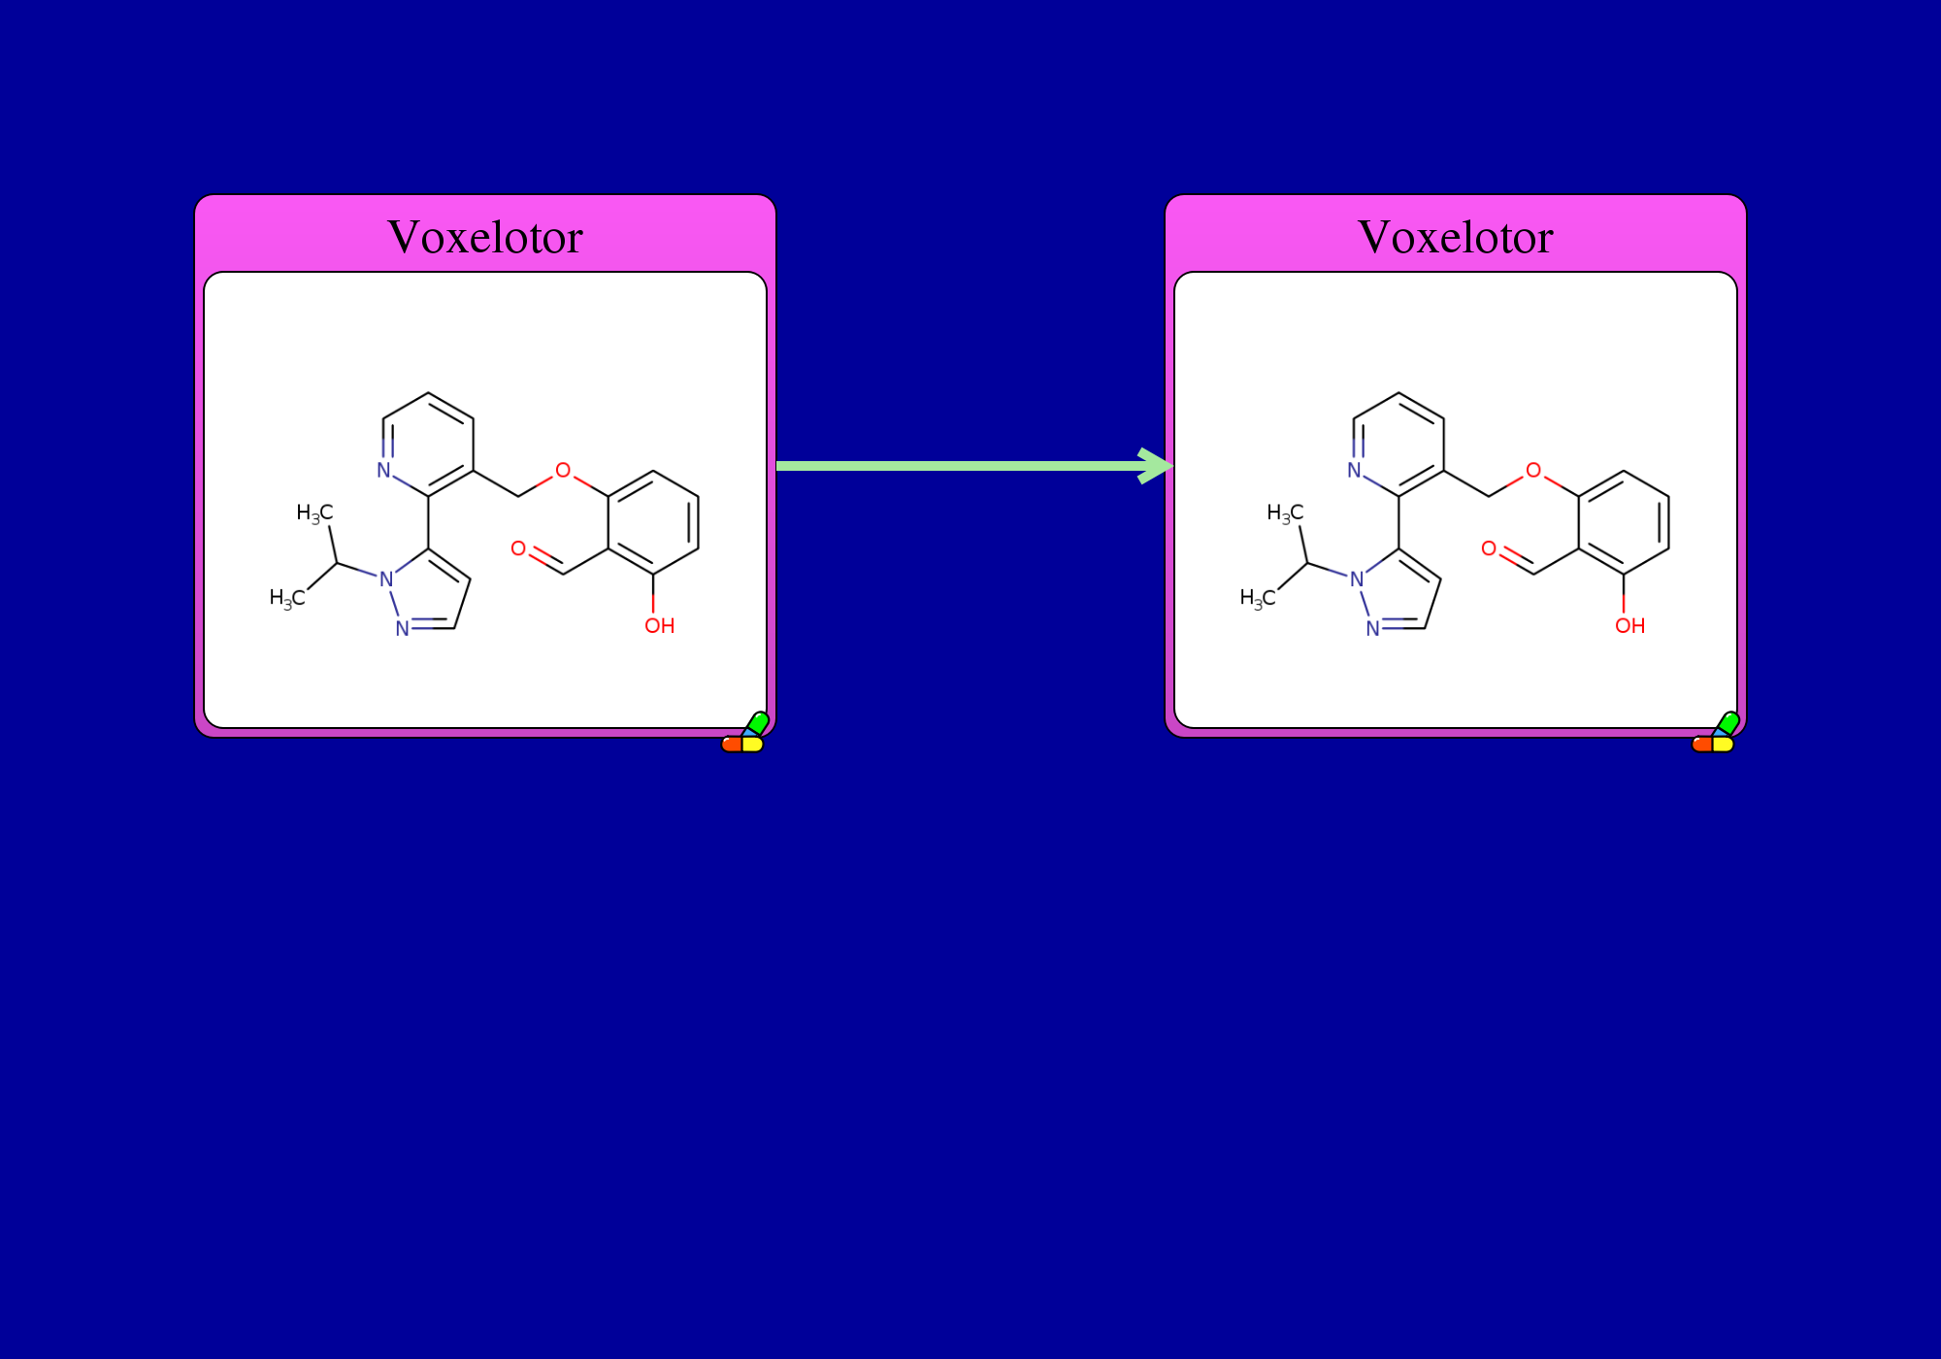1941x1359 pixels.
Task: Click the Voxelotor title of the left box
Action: pos(485,237)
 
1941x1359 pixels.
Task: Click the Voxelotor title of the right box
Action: pos(1456,237)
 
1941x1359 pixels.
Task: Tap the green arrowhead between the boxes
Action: pos(1156,466)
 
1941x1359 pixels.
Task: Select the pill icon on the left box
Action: pos(745,733)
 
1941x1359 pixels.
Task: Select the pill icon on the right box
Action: pos(1716,733)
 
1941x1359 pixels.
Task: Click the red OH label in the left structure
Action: pos(660,626)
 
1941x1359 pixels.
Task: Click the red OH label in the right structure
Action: pos(1630,626)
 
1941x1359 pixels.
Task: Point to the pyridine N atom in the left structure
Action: pos(384,471)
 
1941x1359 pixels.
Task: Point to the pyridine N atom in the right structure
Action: pos(1355,471)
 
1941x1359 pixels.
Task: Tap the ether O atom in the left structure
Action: pos(563,471)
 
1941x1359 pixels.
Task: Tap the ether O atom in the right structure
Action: pos(1533,471)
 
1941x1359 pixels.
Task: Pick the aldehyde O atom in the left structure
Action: pos(518,549)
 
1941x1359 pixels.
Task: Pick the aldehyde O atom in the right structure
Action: pos(1489,549)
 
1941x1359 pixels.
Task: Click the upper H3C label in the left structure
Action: pos(314,514)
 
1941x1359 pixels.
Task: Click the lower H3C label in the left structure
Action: pos(287,598)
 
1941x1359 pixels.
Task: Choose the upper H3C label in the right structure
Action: pos(1285,514)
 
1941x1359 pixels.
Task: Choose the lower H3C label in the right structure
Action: pos(1258,598)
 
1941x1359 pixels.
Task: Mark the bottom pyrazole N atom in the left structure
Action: pos(403,629)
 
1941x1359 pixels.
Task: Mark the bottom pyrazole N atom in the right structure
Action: pos(1373,629)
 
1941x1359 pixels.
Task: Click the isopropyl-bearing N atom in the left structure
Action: pos(386,580)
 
